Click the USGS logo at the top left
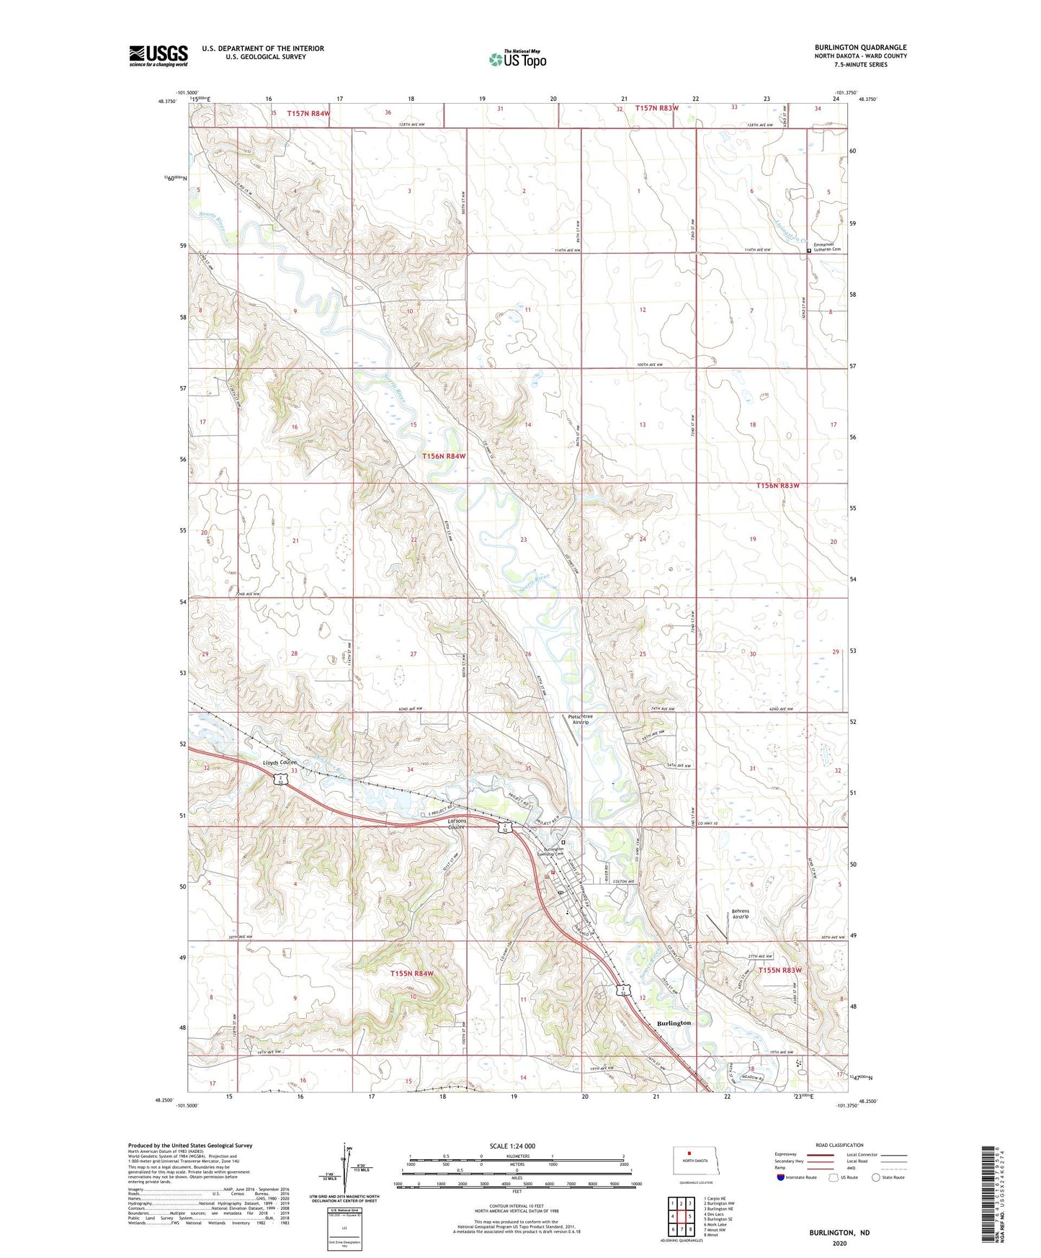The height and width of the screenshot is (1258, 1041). pyautogui.click(x=158, y=55)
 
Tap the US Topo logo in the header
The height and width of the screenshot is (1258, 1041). pyautogui.click(x=517, y=59)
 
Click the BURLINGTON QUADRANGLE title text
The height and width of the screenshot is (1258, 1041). pyautogui.click(x=861, y=48)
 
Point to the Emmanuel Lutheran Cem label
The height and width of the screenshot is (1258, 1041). pyautogui.click(x=827, y=247)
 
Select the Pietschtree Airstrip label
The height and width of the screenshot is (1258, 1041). pyautogui.click(x=580, y=719)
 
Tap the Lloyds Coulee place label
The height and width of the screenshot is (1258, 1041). pyautogui.click(x=280, y=762)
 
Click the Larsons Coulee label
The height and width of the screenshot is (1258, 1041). pyautogui.click(x=457, y=824)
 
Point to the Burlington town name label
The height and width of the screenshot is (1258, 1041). pyautogui.click(x=674, y=1023)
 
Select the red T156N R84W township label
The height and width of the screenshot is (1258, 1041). pyautogui.click(x=444, y=456)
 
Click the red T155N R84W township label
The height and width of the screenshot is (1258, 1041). pyautogui.click(x=412, y=973)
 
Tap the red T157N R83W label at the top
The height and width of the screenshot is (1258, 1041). pyautogui.click(x=656, y=108)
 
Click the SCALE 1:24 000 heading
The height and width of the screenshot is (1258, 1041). pyautogui.click(x=512, y=1146)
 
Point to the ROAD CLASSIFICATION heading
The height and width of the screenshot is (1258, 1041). pyautogui.click(x=839, y=1145)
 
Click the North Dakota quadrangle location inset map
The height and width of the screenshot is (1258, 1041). pyautogui.click(x=695, y=1162)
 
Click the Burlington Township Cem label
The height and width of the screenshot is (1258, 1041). pyautogui.click(x=554, y=852)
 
